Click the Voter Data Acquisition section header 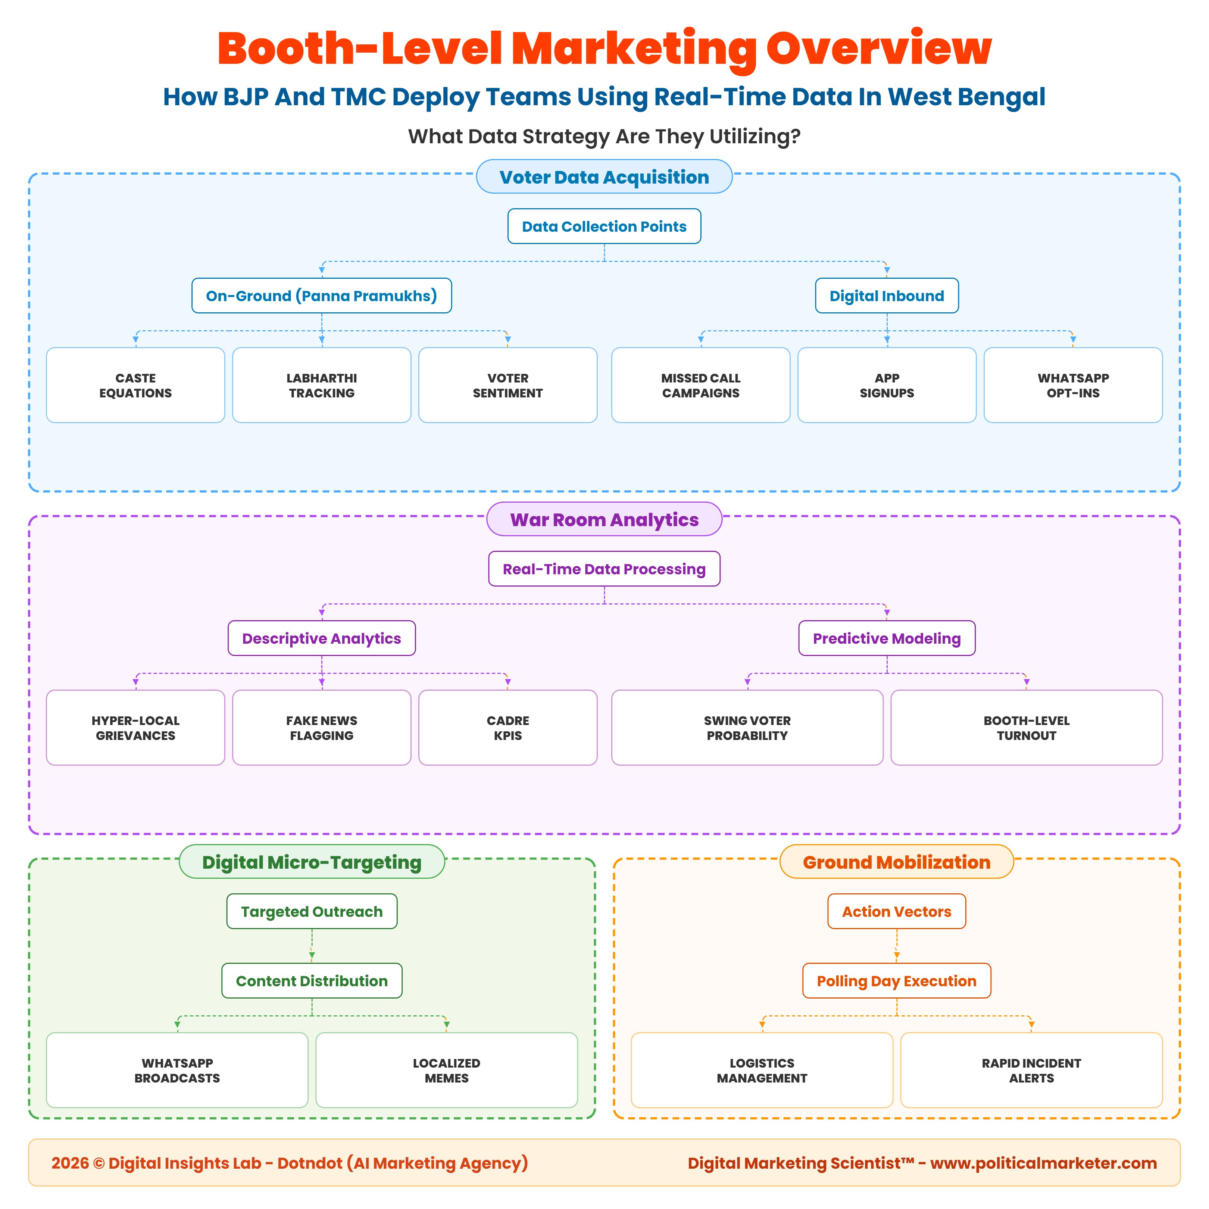coord(604,177)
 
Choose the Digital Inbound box coord(886,296)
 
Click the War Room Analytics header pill coord(604,519)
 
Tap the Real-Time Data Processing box coord(604,568)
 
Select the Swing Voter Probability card coord(747,727)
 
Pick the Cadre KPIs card coord(507,727)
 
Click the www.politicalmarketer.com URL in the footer coord(1043,1163)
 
